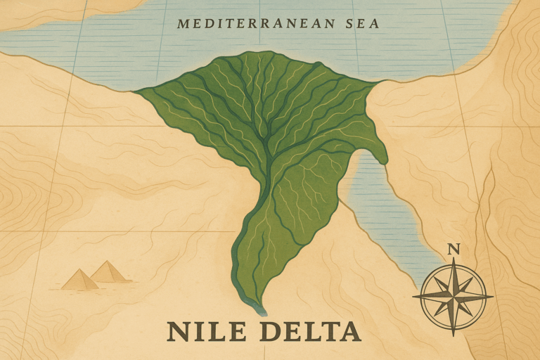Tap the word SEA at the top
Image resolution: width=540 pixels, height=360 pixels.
pos(361,24)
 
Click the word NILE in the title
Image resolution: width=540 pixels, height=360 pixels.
pos(204,332)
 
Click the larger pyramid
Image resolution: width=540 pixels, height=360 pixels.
pos(109,272)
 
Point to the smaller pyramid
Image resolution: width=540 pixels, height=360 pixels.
pos(79,280)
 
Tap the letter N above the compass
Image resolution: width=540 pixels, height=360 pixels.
pos(454,248)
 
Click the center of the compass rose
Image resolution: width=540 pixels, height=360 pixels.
pos(453,295)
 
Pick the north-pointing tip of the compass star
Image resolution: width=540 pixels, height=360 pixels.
pos(453,259)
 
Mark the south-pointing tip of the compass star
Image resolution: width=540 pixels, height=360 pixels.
pos(453,331)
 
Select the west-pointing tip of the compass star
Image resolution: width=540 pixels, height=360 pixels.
pos(413,295)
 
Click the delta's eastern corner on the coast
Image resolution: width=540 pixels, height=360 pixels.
pos(380,82)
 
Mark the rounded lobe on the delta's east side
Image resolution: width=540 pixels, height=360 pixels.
pos(376,148)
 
